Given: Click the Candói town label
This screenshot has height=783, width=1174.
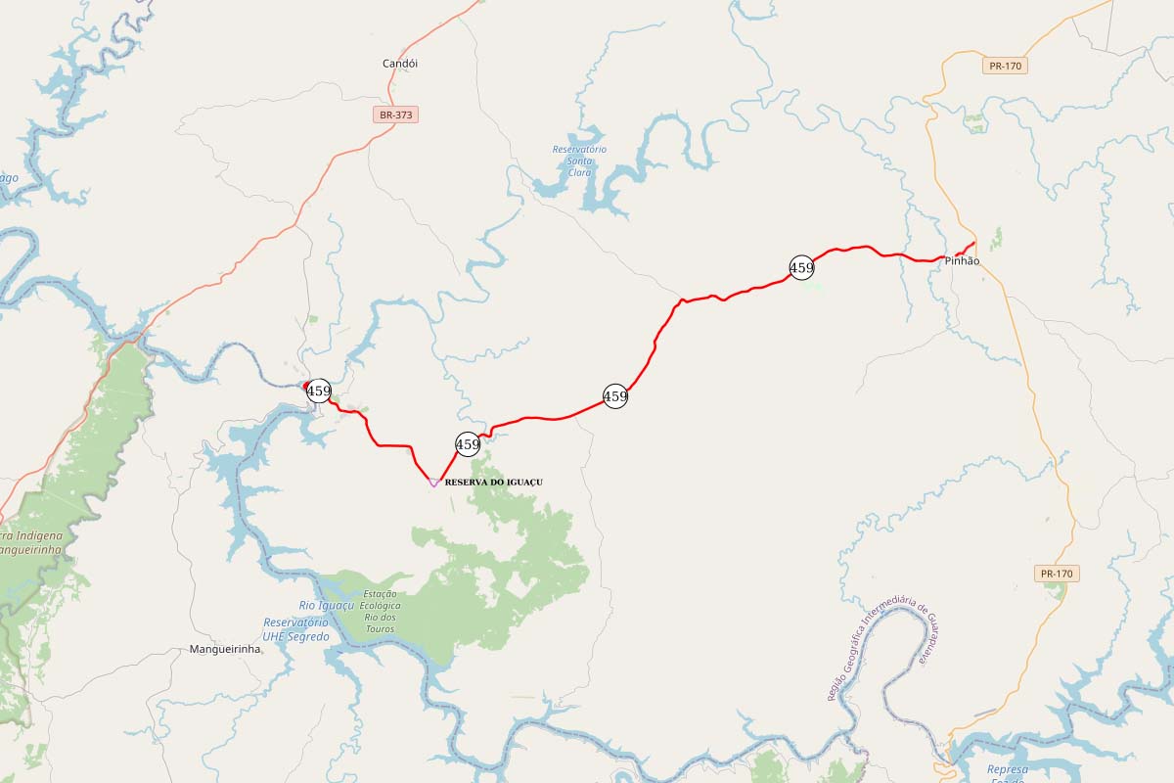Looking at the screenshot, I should pyautogui.click(x=399, y=64).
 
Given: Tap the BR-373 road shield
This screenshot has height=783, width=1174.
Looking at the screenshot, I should pyautogui.click(x=396, y=115).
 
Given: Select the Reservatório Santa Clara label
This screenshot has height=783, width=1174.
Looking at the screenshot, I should pyautogui.click(x=579, y=161).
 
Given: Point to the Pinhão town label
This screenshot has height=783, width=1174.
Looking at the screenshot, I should pyautogui.click(x=962, y=261).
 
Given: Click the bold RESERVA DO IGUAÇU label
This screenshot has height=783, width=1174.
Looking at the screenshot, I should pyautogui.click(x=493, y=483).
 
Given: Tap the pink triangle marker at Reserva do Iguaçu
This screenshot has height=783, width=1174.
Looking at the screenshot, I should pyautogui.click(x=433, y=482).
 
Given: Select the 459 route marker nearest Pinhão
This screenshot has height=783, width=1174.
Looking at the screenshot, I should pyautogui.click(x=801, y=267).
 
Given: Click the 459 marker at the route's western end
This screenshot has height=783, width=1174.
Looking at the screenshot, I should pyautogui.click(x=319, y=391).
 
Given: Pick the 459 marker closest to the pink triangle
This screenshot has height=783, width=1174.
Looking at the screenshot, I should pyautogui.click(x=468, y=444).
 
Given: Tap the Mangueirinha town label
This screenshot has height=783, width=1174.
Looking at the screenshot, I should pyautogui.click(x=225, y=649).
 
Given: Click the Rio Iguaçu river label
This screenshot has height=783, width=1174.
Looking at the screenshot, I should pyautogui.click(x=326, y=606).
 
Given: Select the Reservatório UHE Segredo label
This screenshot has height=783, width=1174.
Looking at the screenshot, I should pyautogui.click(x=296, y=629).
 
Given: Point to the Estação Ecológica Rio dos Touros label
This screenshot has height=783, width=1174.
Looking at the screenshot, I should pyautogui.click(x=381, y=611).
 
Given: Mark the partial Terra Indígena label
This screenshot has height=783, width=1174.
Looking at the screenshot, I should pyautogui.click(x=31, y=543).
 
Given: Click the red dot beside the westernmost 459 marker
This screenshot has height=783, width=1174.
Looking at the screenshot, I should pyautogui.click(x=306, y=384).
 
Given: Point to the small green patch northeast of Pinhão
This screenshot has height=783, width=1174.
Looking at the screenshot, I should pyautogui.click(x=996, y=238).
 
